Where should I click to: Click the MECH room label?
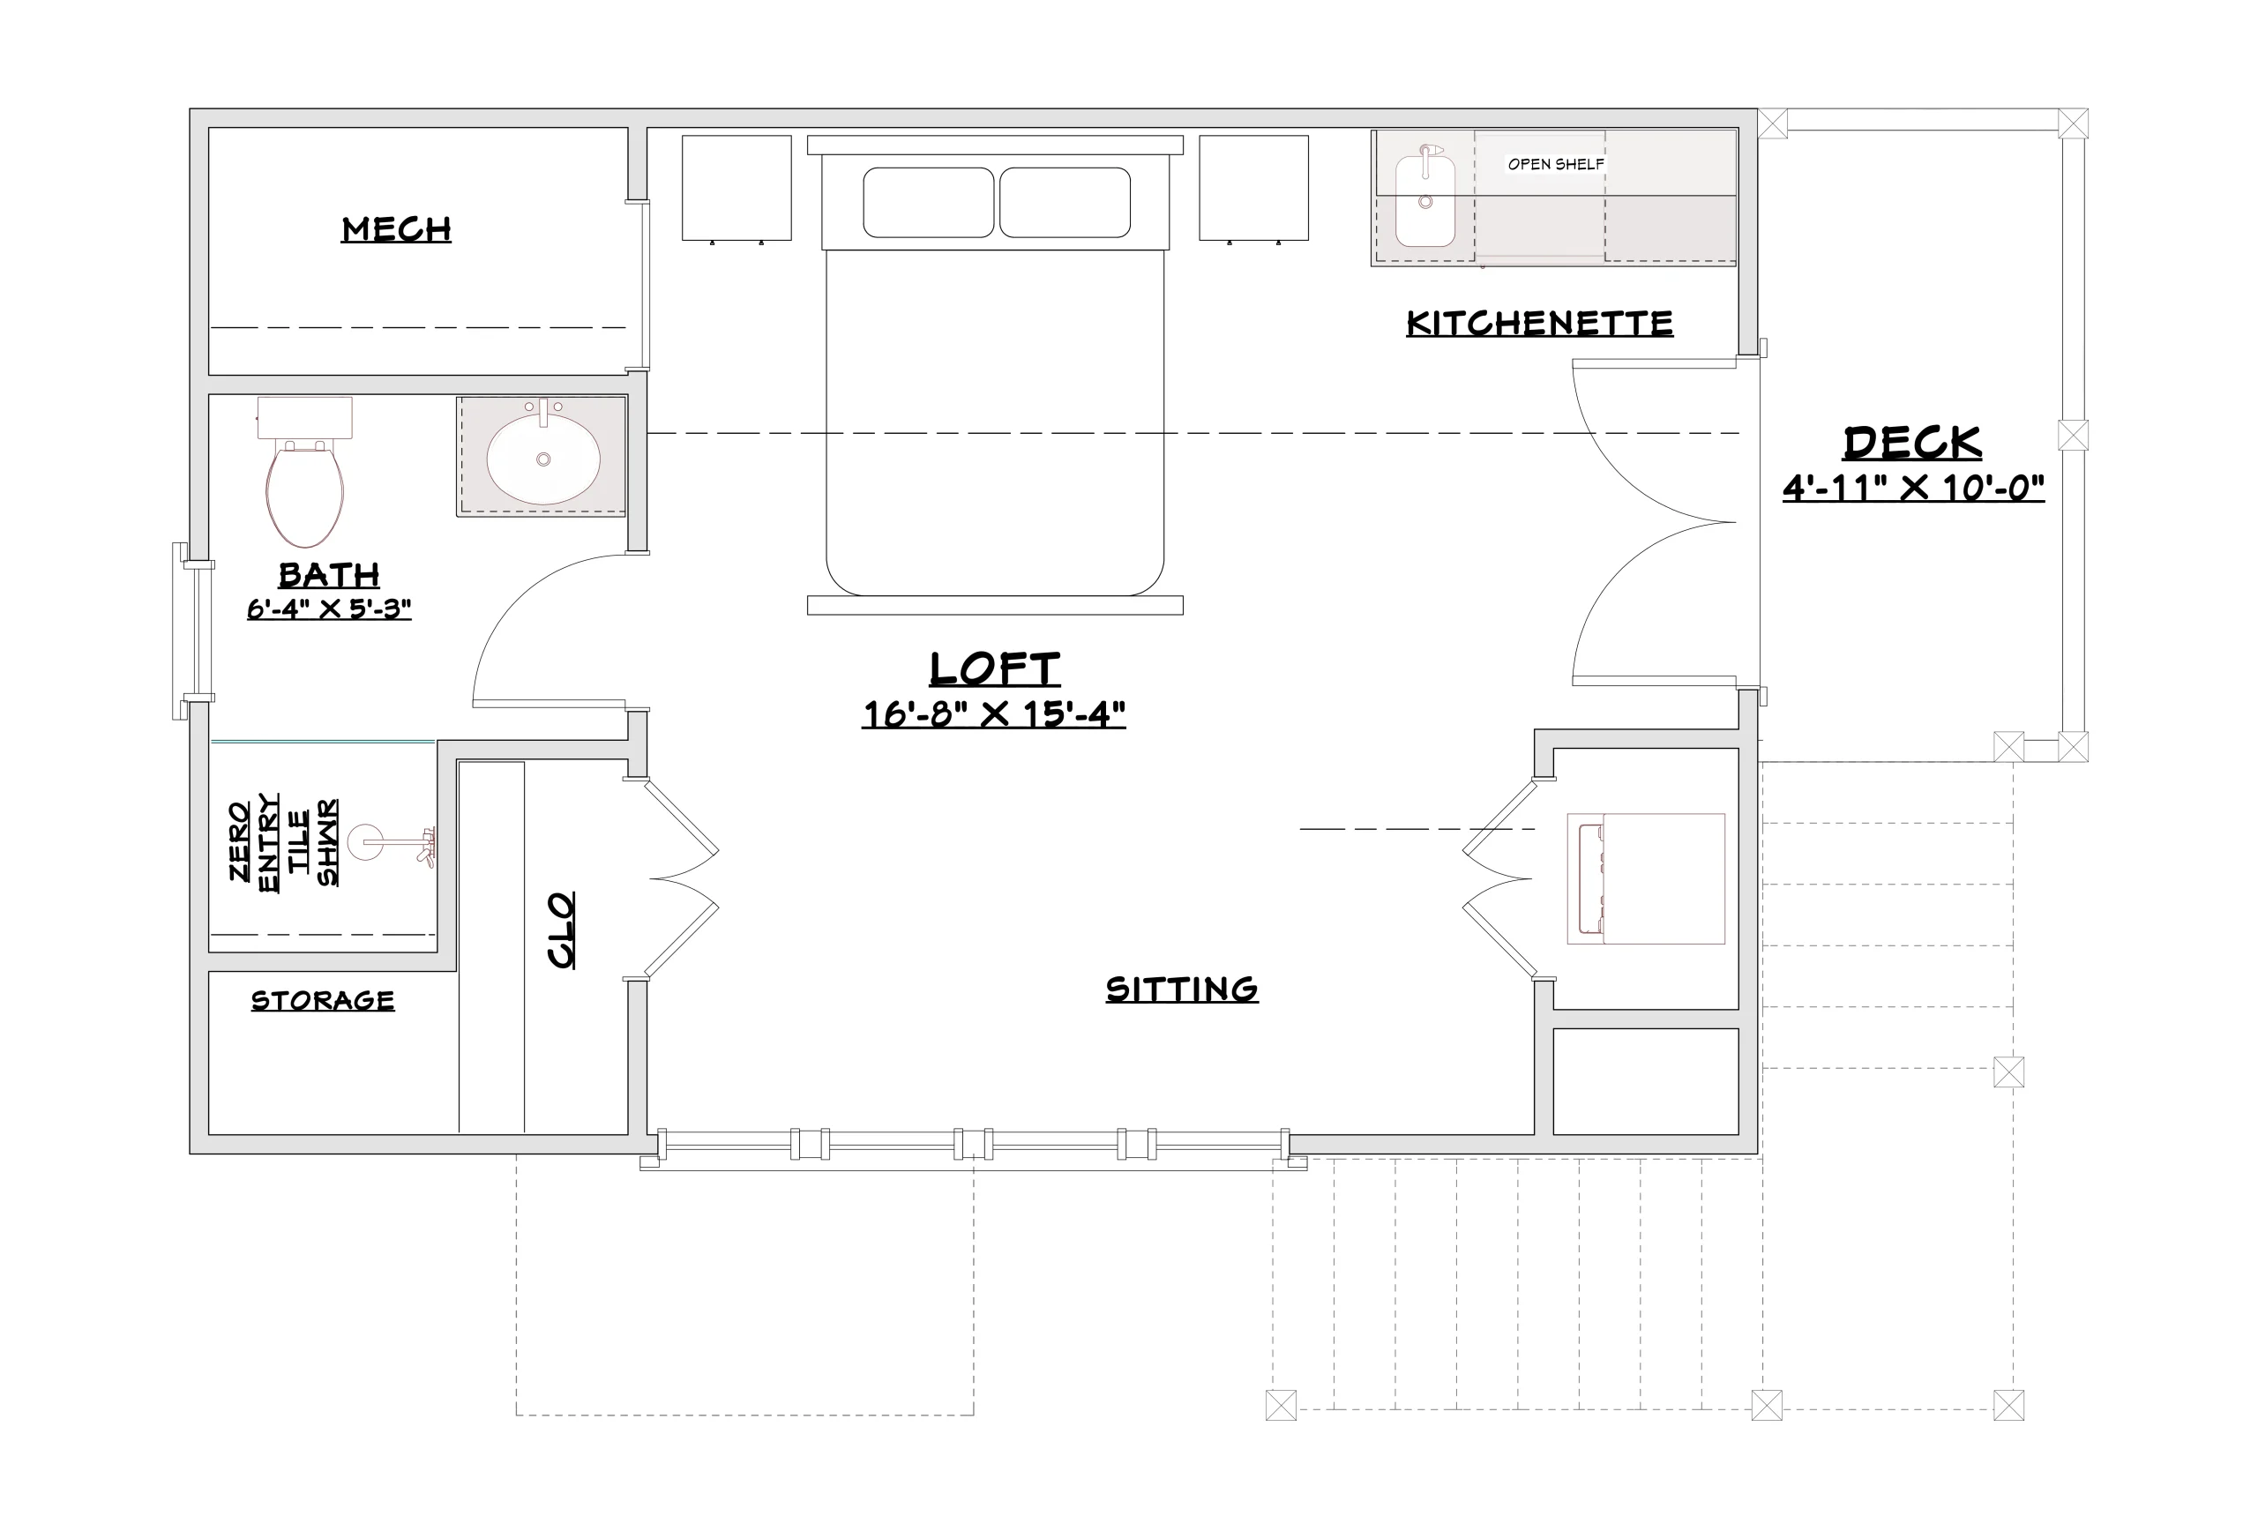pyautogui.click(x=396, y=229)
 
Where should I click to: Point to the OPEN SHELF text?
pyautogui.click(x=1556, y=164)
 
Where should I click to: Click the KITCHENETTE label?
pyautogui.click(x=1540, y=324)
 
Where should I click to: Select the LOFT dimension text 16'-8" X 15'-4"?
pyautogui.click(x=994, y=715)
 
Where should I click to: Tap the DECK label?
pyautogui.click(x=1913, y=443)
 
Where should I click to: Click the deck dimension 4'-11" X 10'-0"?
pyautogui.click(x=1913, y=488)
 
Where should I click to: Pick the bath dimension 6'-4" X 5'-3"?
pyautogui.click(x=329, y=609)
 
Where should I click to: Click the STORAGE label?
pyautogui.click(x=323, y=1001)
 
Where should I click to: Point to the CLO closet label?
pyautogui.click(x=562, y=930)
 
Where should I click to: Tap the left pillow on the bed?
pyautogui.click(x=929, y=202)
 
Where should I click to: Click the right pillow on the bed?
pyautogui.click(x=1065, y=202)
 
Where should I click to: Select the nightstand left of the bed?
pyautogui.click(x=736, y=189)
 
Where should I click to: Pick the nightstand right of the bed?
pyautogui.click(x=1253, y=189)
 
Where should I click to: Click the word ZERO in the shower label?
pyautogui.click(x=239, y=841)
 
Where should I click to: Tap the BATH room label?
pyautogui.click(x=329, y=575)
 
